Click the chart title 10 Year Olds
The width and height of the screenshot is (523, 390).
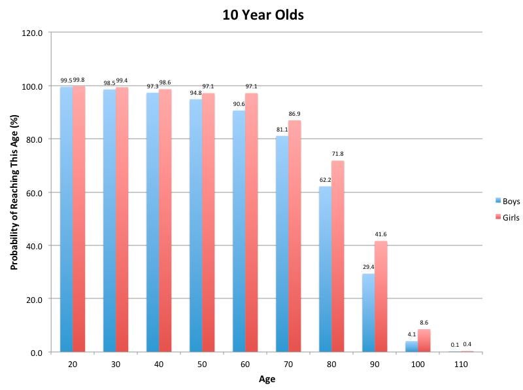click(261, 14)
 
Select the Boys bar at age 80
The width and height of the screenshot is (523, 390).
click(325, 269)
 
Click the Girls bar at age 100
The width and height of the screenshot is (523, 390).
click(424, 341)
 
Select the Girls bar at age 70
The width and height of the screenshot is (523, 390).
click(295, 236)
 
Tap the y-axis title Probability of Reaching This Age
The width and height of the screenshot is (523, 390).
click(14, 193)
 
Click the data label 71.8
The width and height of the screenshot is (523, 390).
click(338, 154)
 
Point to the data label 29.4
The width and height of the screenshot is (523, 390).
click(367, 268)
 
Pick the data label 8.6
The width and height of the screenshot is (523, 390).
click(424, 323)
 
